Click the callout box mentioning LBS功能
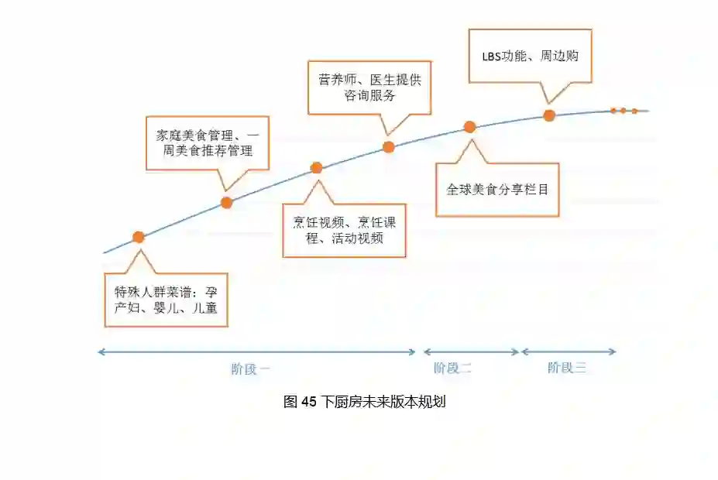click(x=531, y=56)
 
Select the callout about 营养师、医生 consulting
click(x=369, y=87)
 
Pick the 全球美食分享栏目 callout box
click(x=496, y=189)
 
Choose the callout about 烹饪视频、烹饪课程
click(x=345, y=230)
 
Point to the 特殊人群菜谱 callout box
click(x=166, y=300)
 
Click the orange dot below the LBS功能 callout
click(x=549, y=115)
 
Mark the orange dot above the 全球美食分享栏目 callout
click(x=469, y=127)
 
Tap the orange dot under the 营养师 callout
click(x=389, y=146)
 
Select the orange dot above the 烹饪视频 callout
click(x=316, y=167)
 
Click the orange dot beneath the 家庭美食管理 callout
click(x=226, y=203)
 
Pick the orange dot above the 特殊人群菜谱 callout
click(x=139, y=237)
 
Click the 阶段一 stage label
click(x=250, y=369)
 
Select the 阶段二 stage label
click(x=452, y=369)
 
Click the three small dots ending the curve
click(x=624, y=111)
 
